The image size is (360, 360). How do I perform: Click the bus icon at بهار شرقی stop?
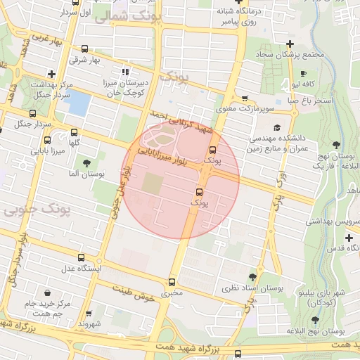pyautogui.click(x=85, y=49)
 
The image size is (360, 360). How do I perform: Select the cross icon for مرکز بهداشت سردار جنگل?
pyautogui.click(x=51, y=74)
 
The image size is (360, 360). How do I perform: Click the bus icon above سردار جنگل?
pyautogui.click(x=32, y=113)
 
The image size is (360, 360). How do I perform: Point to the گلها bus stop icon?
pyautogui.click(x=75, y=132)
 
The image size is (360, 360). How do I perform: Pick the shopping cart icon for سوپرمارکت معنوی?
pyautogui.click(x=244, y=98)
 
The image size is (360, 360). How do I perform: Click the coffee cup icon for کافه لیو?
pyautogui.click(x=303, y=73)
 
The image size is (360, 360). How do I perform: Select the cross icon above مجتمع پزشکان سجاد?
pyautogui.click(x=290, y=44)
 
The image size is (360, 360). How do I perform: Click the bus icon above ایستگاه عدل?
pyautogui.click(x=81, y=258)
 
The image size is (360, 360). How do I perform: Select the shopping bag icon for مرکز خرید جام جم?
pyautogui.click(x=47, y=292)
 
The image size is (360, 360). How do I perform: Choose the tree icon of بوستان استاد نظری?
pyautogui.click(x=252, y=277)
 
